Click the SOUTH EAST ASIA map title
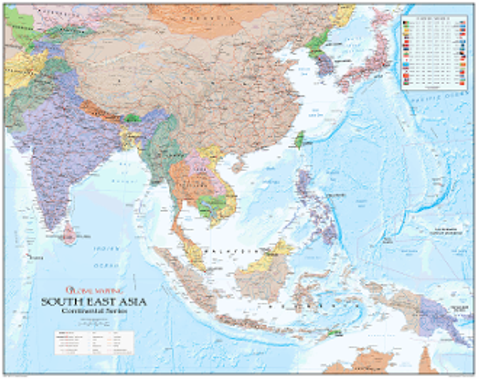click(94, 302)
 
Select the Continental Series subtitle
click(94, 311)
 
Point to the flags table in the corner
click(434, 51)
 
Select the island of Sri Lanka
click(70, 233)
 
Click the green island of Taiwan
click(299, 139)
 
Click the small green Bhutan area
click(132, 118)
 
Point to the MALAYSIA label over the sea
click(229, 251)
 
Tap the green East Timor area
click(333, 333)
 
